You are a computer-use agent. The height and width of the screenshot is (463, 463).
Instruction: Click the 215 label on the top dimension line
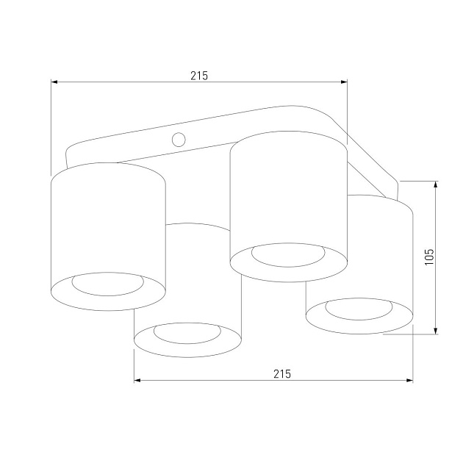click(x=199, y=75)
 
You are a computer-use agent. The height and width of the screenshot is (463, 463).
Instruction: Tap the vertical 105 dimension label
click(x=430, y=256)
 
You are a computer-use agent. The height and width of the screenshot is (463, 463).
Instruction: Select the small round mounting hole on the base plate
click(x=178, y=139)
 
